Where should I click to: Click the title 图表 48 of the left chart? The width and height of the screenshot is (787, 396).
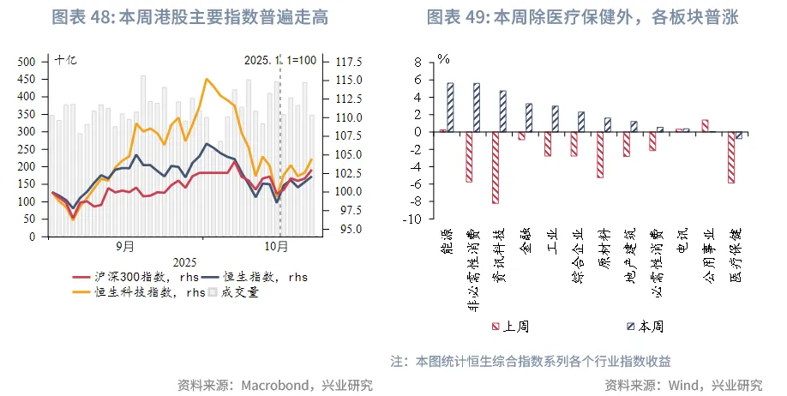(189, 17)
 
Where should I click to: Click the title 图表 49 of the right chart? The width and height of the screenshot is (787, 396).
(582, 17)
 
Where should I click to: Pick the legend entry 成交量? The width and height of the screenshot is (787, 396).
(239, 291)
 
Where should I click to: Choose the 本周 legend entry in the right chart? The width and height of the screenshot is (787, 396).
(651, 327)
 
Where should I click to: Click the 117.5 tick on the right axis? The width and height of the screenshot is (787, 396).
(349, 62)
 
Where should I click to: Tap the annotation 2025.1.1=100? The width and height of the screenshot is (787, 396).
(280, 61)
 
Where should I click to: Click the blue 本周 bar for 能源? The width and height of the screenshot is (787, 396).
(450, 107)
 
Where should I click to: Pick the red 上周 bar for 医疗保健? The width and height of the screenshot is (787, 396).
(731, 157)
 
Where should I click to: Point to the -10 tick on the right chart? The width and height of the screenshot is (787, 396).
(417, 219)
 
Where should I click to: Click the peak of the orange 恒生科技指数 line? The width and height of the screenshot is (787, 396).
(207, 79)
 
